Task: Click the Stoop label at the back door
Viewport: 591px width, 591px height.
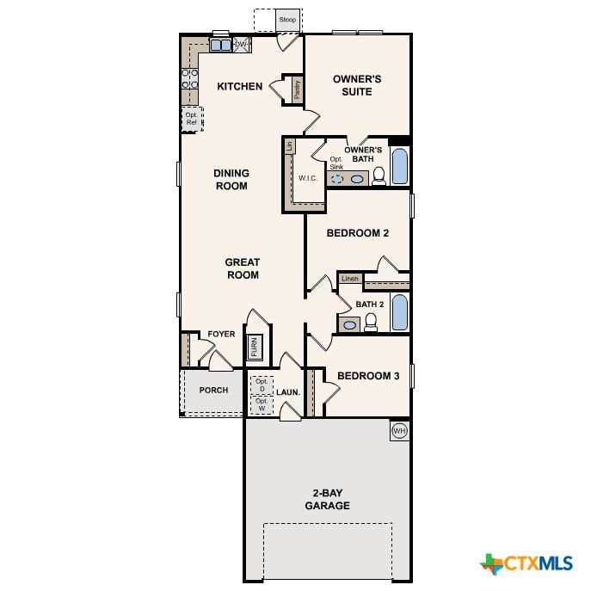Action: point(287,19)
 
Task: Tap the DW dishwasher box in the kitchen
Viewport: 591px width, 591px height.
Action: point(242,45)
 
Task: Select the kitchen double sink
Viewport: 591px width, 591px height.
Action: point(220,46)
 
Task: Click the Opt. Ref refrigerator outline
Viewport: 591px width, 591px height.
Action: point(192,119)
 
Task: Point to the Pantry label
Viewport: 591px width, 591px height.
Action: point(298,89)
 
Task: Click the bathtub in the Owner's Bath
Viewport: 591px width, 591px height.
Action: point(399,166)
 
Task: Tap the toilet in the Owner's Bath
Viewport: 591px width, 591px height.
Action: point(379,176)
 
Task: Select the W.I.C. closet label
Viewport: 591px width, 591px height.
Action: point(308,178)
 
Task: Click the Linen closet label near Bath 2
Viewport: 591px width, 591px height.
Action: point(350,279)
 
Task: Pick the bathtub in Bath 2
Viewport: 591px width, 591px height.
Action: point(399,312)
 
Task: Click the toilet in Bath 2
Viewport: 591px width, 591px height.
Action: point(371,323)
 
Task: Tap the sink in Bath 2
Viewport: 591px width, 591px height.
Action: point(349,324)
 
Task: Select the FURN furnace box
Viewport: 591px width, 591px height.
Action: point(255,347)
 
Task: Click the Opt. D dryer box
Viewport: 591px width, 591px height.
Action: point(262,385)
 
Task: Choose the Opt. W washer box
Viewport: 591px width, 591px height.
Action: point(262,405)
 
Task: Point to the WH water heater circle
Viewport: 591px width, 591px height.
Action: point(399,430)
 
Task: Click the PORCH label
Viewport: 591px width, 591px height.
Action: point(213,390)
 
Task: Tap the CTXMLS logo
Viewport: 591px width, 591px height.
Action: point(526,563)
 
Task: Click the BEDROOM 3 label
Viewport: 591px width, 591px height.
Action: point(368,376)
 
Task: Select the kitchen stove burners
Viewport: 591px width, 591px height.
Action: point(190,78)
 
